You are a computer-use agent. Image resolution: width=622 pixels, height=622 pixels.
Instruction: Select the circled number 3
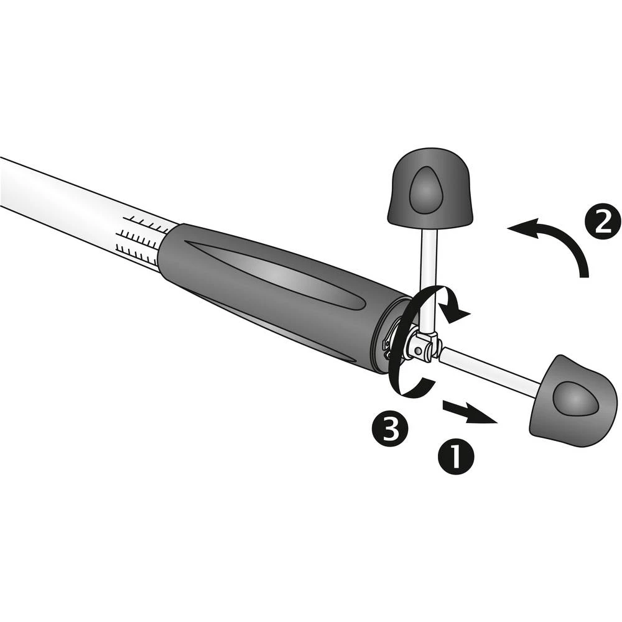click(389, 427)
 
